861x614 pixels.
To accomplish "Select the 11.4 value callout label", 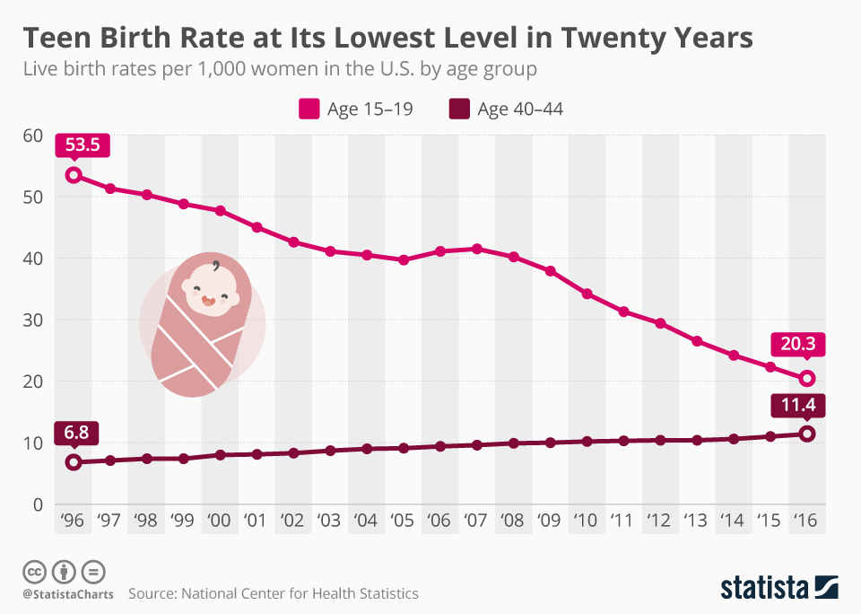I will pyautogui.click(x=796, y=406).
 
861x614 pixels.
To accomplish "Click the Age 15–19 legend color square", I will pyautogui.click(x=309, y=110).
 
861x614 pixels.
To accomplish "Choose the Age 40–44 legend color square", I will pyautogui.click(x=459, y=110).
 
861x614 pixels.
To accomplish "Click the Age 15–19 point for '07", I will pyautogui.click(x=477, y=249).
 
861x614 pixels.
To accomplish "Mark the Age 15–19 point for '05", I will pyautogui.click(x=404, y=259).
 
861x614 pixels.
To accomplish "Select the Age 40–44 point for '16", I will pyautogui.click(x=806, y=434).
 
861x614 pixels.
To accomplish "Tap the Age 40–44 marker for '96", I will pyautogui.click(x=74, y=462).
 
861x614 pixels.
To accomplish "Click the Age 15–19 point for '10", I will pyautogui.click(x=587, y=294).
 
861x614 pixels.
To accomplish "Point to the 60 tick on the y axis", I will pyautogui.click(x=33, y=136).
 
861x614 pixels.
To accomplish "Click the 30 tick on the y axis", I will pyautogui.click(x=33, y=320).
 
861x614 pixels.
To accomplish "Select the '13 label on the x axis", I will pyautogui.click(x=696, y=522).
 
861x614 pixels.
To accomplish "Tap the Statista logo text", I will pyautogui.click(x=763, y=588).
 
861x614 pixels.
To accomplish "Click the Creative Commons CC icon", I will pyautogui.click(x=35, y=571).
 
